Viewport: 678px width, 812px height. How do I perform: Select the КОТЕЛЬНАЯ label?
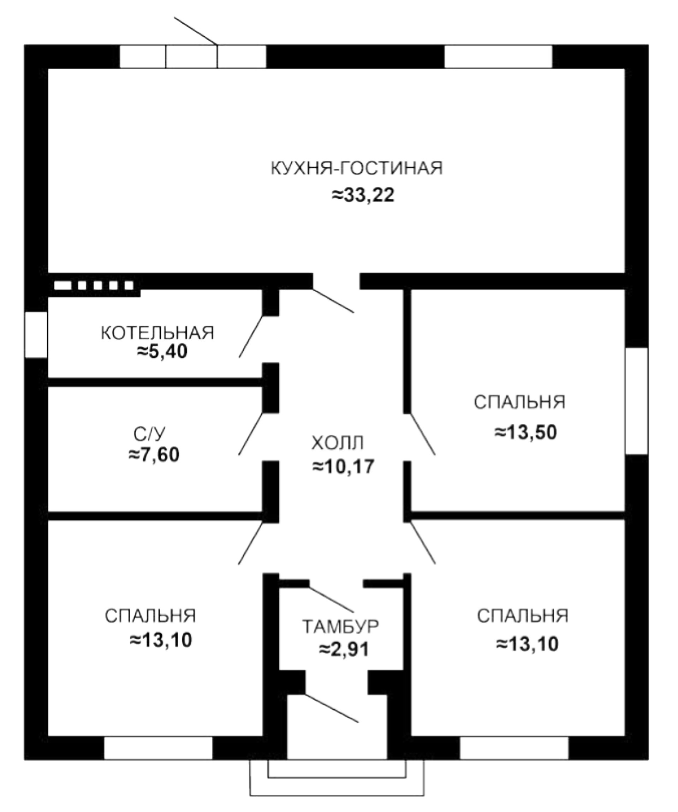click(157, 333)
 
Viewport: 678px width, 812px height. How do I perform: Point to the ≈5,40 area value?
click(162, 352)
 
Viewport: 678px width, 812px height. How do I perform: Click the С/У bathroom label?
click(150, 435)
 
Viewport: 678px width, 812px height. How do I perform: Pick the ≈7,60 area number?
click(154, 455)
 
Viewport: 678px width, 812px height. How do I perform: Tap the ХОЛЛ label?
click(338, 443)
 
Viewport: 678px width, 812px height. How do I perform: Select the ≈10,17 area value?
click(344, 467)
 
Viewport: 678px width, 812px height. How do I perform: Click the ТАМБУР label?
click(340, 627)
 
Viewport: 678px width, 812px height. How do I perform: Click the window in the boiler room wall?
click(36, 334)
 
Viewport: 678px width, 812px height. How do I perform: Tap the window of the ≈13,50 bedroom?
click(636, 401)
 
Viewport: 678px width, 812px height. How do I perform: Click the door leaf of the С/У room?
click(251, 434)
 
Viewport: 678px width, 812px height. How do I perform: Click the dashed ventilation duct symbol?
click(94, 285)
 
